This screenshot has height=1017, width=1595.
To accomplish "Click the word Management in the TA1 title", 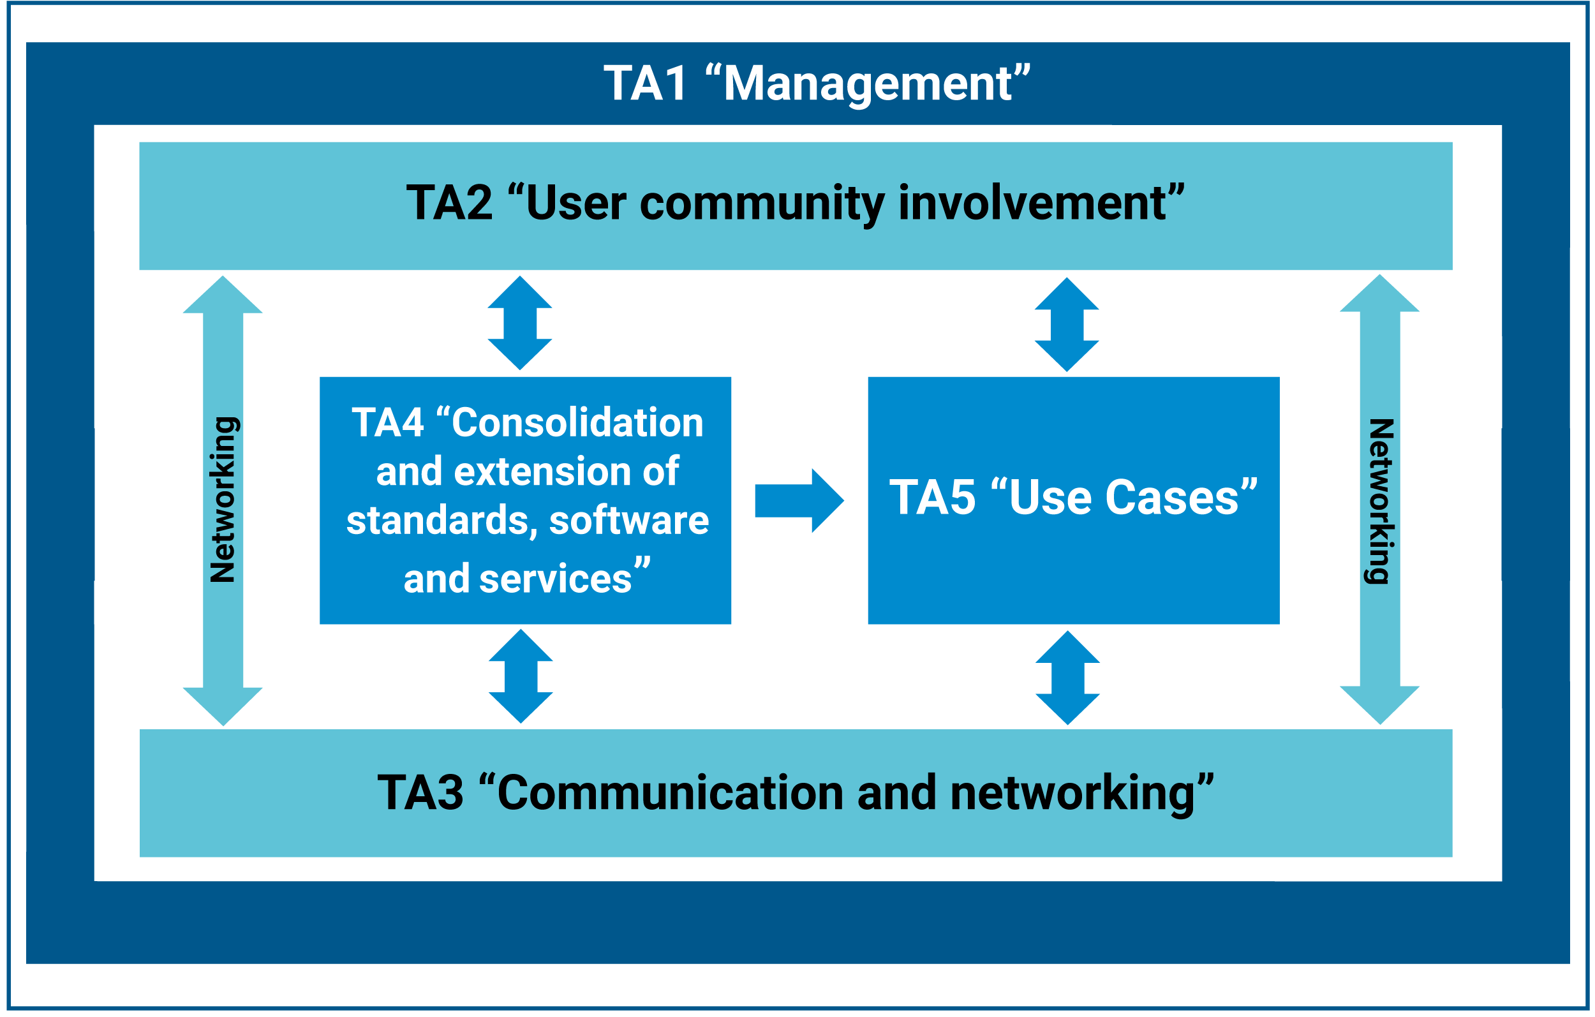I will point(868,85).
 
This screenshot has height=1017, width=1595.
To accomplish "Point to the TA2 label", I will point(449,204).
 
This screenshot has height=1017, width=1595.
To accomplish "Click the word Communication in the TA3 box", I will point(670,793).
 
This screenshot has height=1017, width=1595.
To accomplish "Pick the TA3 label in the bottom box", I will point(420,793).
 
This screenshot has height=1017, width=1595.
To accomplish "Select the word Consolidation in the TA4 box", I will point(577,423).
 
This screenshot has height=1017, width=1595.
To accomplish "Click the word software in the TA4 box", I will point(628,521).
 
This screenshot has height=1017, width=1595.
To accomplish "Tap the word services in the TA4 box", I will point(555,579).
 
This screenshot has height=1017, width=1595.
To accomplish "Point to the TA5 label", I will point(932,498).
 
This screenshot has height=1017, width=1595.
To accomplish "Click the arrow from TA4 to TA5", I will point(799,501).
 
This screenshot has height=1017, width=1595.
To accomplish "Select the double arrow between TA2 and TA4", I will point(520,323).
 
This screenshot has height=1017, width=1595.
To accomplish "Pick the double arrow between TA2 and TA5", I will point(1067,325).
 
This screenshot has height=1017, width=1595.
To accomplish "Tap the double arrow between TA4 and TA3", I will point(521,676).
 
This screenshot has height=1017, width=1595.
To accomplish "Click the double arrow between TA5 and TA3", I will point(1068,678).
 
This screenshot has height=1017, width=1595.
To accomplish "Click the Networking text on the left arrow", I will point(223,500).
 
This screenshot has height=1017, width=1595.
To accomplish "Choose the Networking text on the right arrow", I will point(1381,501).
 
